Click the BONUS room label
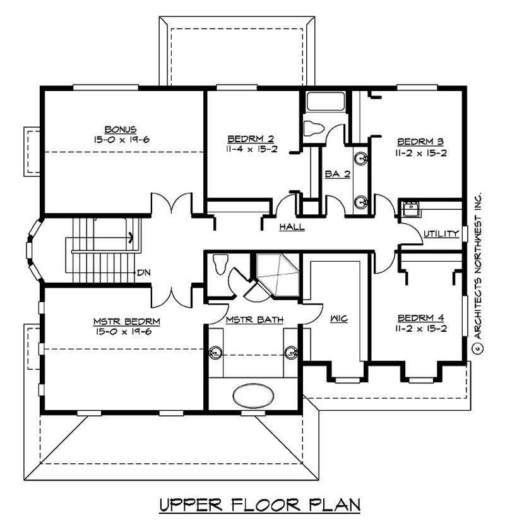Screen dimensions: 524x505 pyautogui.click(x=121, y=128)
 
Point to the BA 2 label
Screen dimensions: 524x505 pyautogui.click(x=338, y=174)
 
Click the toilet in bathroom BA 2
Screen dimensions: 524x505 pyautogui.click(x=314, y=128)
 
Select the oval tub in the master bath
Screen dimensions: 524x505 pyautogui.click(x=254, y=396)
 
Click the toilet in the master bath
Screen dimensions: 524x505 pyautogui.click(x=220, y=263)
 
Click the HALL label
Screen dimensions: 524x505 pyautogui.click(x=292, y=226)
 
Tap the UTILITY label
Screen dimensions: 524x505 pyautogui.click(x=441, y=234)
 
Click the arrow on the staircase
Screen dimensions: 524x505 pyautogui.click(x=131, y=238)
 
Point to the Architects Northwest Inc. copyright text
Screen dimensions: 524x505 pyautogui.click(x=478, y=272)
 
